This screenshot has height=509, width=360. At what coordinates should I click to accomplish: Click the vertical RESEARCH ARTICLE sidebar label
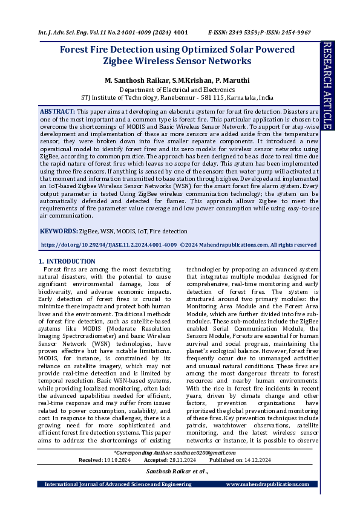pos(327,85)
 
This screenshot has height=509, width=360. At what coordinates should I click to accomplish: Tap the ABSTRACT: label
pos(57,112)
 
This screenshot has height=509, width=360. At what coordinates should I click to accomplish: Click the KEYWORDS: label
pos(59,231)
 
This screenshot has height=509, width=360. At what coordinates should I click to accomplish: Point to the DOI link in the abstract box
pos(109,245)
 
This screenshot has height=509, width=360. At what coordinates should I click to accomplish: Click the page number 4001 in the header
pos(181,31)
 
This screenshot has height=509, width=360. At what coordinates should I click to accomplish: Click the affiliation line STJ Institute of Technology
pos(177,97)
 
